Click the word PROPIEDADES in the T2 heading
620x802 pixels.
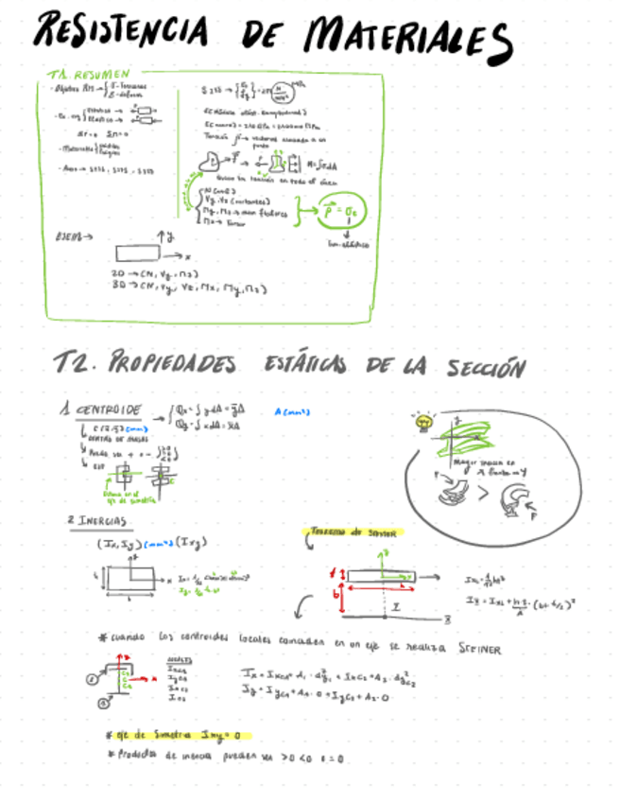[174, 363]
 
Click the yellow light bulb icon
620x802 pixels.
[421, 421]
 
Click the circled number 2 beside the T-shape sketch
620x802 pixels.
[93, 677]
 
